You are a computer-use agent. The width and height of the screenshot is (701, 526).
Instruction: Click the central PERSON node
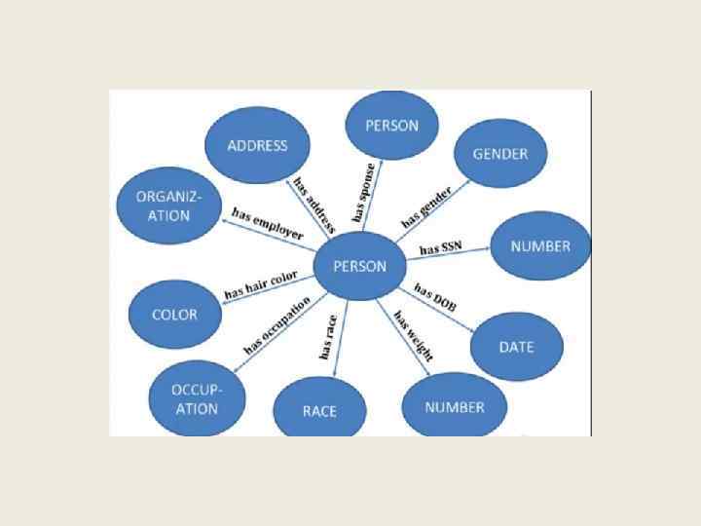click(359, 266)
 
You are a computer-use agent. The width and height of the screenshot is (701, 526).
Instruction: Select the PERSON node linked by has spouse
click(391, 126)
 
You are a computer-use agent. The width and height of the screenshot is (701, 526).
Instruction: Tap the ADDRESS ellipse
click(257, 146)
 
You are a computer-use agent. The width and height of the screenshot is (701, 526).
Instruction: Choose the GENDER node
click(499, 154)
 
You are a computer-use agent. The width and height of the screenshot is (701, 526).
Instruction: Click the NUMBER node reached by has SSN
click(540, 246)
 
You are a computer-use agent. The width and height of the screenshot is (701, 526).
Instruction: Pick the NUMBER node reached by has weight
click(454, 407)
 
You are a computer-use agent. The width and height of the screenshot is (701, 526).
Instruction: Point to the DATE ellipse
click(516, 347)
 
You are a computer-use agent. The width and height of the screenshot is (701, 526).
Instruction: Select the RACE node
click(319, 410)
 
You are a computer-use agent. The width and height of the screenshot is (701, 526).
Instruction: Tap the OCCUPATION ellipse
click(197, 398)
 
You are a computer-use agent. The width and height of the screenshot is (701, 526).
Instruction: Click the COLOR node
click(175, 315)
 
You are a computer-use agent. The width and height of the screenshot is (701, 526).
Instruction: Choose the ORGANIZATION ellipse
click(163, 206)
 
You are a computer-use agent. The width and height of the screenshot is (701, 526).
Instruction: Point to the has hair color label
click(261, 285)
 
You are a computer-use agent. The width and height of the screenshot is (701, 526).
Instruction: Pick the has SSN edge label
click(440, 247)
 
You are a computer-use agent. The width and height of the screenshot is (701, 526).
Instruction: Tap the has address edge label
click(314, 206)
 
